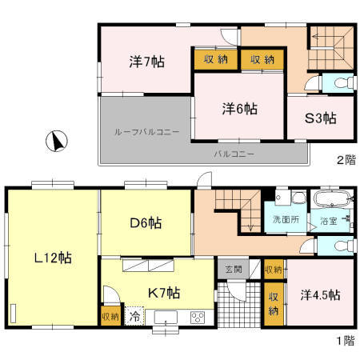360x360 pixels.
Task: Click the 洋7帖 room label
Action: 145,61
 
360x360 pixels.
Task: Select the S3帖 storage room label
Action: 320,118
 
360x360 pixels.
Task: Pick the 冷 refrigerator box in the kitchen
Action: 136,317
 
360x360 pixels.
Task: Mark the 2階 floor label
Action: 345,159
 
